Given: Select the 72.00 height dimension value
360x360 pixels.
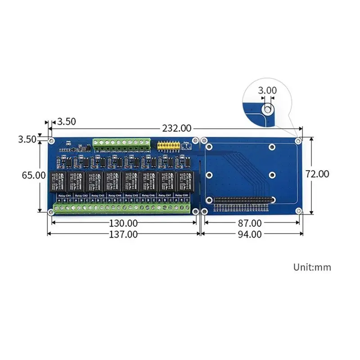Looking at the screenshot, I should [x=317, y=174].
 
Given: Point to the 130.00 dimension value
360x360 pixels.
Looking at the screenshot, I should [x=122, y=223].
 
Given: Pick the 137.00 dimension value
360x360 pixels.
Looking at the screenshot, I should [x=122, y=234].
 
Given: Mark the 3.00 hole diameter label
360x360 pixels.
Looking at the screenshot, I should [x=267, y=90].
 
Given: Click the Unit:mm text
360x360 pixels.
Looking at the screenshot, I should [x=312, y=267].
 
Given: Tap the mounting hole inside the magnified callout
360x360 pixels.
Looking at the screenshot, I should [x=267, y=108].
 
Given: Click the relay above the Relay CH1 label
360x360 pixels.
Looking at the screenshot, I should [x=59, y=181].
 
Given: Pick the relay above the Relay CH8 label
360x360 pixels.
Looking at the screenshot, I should [x=184, y=181].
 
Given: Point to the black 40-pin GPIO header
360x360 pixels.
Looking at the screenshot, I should [x=244, y=199].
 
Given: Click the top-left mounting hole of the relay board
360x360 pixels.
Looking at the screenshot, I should [x=52, y=141].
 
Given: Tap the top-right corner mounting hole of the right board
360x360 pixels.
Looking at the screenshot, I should [x=298, y=141].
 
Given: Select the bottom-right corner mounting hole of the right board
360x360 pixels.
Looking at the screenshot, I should [x=298, y=211].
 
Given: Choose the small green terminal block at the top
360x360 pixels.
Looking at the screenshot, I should [x=121, y=144].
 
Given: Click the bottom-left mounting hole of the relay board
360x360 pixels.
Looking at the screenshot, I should [x=52, y=211].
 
